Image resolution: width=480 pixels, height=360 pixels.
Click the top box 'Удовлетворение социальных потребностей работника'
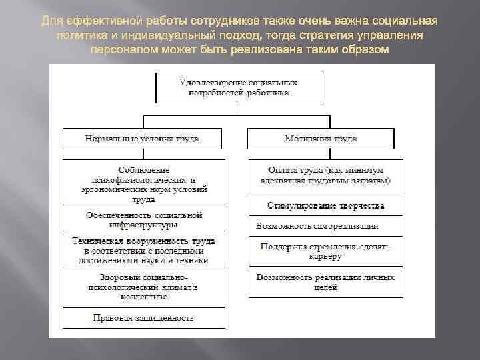click(x=239, y=88)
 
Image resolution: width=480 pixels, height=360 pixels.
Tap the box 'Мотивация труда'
click(x=321, y=139)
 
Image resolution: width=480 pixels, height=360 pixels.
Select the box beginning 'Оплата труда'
click(x=326, y=175)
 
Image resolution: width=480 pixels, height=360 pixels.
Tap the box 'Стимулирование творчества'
click(x=326, y=205)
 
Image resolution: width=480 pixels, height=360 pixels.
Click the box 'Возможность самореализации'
click(x=326, y=226)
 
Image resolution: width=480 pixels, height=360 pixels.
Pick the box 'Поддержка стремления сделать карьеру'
click(x=326, y=251)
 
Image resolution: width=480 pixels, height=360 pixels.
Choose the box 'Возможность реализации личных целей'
click(x=326, y=282)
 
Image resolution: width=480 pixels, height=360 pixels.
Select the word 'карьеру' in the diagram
click(x=326, y=256)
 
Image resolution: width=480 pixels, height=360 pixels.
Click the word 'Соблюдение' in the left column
click(x=144, y=170)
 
